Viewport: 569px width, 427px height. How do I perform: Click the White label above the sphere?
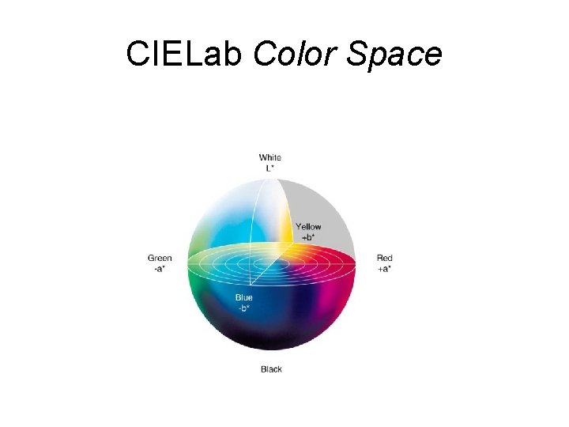pos(270,158)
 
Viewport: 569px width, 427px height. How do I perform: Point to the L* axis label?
pos(270,168)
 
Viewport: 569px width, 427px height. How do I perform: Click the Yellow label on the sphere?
pos(309,227)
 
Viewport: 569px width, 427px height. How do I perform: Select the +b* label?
pos(309,236)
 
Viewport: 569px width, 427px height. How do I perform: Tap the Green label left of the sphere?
pos(160,258)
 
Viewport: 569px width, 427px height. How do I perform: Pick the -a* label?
pos(160,268)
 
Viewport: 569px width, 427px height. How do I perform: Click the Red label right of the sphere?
pos(385,258)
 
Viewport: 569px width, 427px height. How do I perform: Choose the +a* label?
pos(385,268)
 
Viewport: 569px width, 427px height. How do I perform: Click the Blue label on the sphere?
pos(244,298)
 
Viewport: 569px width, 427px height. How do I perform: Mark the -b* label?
pos(244,308)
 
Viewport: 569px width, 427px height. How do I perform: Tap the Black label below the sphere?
pos(271,369)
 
